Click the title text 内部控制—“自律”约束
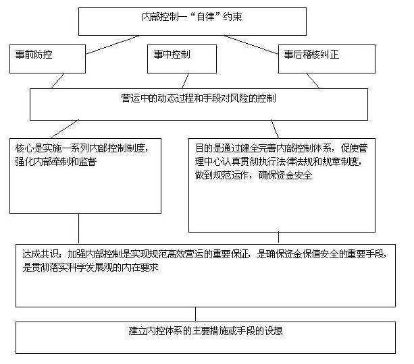[x=192, y=17]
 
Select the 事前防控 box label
[x=34, y=55]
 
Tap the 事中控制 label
[x=172, y=55]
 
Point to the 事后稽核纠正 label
[x=311, y=55]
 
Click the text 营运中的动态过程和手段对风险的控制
[x=199, y=98]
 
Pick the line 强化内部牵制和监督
[x=55, y=162]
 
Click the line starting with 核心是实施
[x=82, y=148]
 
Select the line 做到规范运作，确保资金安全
[x=253, y=175]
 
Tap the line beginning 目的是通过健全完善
[x=282, y=148]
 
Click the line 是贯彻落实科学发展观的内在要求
[x=90, y=268]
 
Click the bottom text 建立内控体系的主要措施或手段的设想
[x=205, y=331]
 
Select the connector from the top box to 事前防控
[x=113, y=45]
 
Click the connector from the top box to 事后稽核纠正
[x=251, y=44]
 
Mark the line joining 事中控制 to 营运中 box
[x=185, y=81]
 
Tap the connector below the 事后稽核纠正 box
[x=313, y=81]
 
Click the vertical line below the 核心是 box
[x=79, y=229]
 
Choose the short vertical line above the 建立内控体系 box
[x=195, y=314]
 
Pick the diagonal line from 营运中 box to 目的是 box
[x=275, y=129]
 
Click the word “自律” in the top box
[x=205, y=17]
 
